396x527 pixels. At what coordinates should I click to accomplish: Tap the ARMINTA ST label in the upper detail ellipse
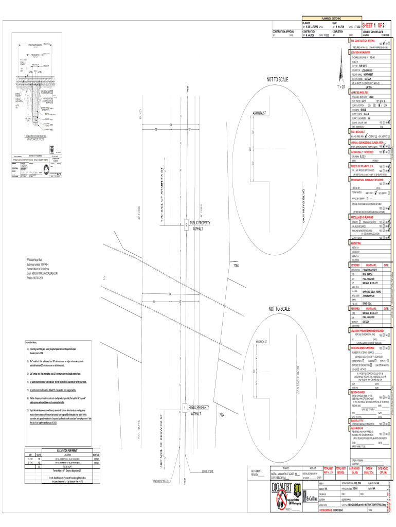pos(262,113)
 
